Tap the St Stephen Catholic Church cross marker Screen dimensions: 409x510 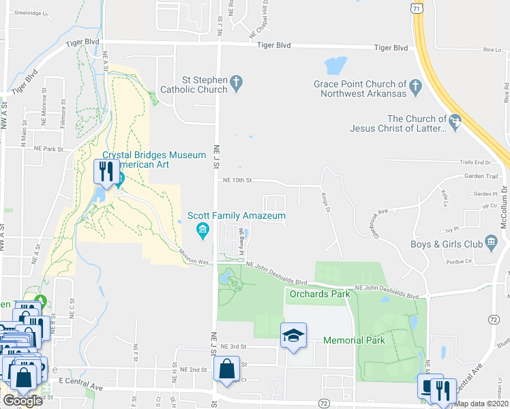tap(236, 84)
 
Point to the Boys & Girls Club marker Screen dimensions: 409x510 tap(491, 244)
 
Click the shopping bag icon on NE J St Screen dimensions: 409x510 tap(226, 371)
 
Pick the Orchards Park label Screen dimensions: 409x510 tap(320, 294)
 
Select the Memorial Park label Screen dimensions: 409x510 tap(354, 340)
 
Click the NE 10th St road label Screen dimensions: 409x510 tap(237, 181)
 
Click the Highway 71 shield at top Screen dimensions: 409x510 tap(417, 6)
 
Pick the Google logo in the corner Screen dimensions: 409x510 tap(22, 401)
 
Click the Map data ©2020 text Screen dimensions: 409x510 tap(481, 404)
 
